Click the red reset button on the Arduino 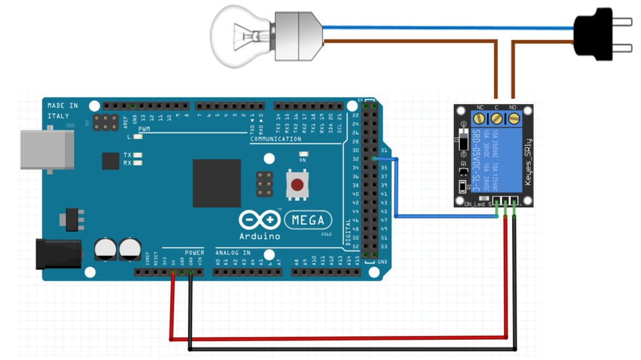tap(297, 185)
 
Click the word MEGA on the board tap(308, 220)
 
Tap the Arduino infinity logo tap(259, 220)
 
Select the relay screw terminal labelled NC tap(479, 118)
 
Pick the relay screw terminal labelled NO tap(513, 118)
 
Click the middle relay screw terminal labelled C tap(496, 118)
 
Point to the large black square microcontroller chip tap(217, 183)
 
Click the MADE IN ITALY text tap(63, 111)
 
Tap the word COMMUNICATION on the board tap(275, 139)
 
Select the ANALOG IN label tap(233, 253)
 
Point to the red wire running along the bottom tap(338, 339)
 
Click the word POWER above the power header tap(194, 253)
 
